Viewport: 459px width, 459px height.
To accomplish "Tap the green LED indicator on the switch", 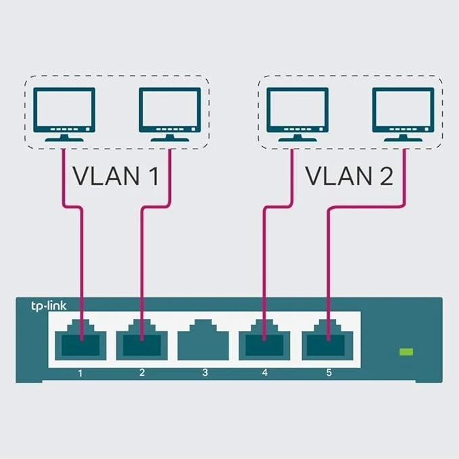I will tap(406, 352).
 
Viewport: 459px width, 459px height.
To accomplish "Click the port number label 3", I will tap(205, 372).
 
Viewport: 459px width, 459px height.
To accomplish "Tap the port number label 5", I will tap(329, 372).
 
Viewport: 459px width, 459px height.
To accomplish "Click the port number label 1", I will tap(81, 372).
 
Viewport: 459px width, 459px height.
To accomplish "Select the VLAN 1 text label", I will tap(116, 176).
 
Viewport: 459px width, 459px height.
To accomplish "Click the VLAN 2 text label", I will tap(349, 176).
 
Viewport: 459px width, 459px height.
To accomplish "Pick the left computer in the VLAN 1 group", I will tap(64, 114).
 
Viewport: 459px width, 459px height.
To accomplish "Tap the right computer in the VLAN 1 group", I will tap(170, 114).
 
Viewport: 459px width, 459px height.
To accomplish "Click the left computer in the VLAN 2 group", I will tap(298, 114).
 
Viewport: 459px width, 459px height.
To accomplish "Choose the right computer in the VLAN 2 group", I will tap(404, 114).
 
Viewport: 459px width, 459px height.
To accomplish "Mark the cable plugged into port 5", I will tap(329, 270).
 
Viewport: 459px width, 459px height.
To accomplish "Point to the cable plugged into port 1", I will tap(82, 270).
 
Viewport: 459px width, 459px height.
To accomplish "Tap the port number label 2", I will tap(142, 372).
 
